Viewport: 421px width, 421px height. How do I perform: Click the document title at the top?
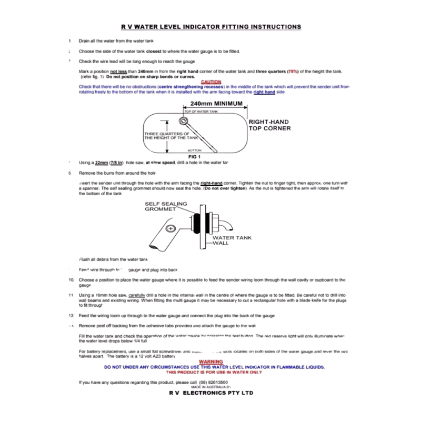210,27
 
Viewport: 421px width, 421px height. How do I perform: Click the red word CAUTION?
211,82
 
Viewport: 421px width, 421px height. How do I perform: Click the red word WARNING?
211,362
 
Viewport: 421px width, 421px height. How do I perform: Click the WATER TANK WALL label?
232,240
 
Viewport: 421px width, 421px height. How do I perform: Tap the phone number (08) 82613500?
214,382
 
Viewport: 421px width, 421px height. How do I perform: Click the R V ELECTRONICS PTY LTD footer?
210,393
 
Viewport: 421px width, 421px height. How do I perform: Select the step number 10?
71,280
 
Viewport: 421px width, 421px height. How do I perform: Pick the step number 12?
71,315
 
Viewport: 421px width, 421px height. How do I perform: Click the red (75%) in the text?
293,71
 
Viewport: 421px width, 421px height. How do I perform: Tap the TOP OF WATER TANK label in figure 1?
201,112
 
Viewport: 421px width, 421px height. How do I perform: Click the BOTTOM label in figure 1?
195,151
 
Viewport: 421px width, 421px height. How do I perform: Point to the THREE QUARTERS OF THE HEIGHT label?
167,136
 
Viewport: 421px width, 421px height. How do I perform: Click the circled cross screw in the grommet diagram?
170,229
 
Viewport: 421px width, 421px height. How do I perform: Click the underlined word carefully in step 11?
136,295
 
